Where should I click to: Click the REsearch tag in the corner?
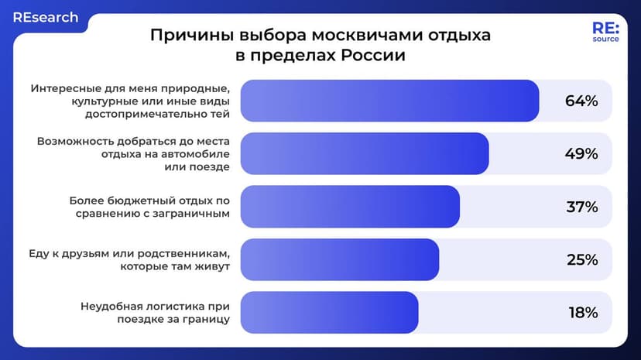click(x=45, y=17)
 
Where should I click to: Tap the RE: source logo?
click(x=605, y=33)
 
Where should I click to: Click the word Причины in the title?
click(x=186, y=36)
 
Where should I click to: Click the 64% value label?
click(x=581, y=101)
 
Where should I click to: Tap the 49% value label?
click(x=581, y=154)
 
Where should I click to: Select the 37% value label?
click(x=581, y=207)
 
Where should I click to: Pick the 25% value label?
click(x=581, y=260)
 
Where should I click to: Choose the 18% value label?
click(x=581, y=313)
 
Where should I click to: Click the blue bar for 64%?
click(x=389, y=101)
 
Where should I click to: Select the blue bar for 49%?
click(x=365, y=154)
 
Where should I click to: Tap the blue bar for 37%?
click(x=350, y=207)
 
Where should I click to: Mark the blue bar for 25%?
click(x=339, y=260)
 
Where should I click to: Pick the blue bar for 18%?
click(x=329, y=313)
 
